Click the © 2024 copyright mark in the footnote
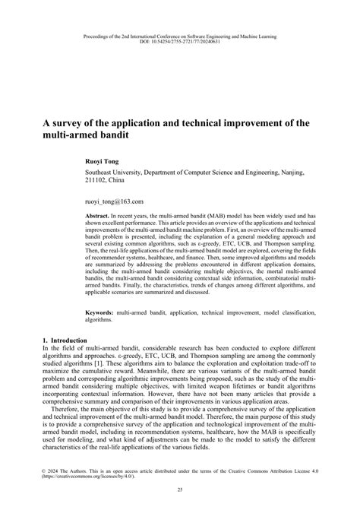click(50, 471)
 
